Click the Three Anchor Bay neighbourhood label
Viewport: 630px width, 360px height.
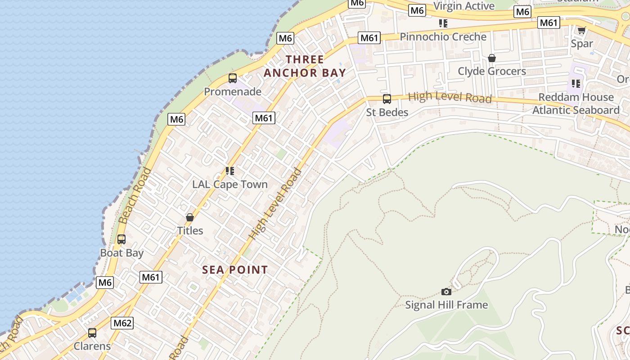tap(305, 66)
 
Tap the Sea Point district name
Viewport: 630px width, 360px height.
tap(234, 270)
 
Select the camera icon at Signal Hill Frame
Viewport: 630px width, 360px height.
tap(446, 292)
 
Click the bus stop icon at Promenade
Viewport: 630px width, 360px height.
tap(232, 78)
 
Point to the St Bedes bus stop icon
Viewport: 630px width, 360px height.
tap(387, 99)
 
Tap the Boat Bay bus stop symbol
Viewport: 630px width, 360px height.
tap(121, 239)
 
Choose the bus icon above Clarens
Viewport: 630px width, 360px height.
tap(92, 333)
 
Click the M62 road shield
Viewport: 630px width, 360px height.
tap(122, 323)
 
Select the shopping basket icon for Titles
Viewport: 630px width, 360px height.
tap(190, 217)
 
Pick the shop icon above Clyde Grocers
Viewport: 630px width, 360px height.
tap(491, 58)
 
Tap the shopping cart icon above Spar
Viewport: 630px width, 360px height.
tap(581, 31)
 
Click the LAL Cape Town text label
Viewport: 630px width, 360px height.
tap(229, 184)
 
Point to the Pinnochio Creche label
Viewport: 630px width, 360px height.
tap(443, 37)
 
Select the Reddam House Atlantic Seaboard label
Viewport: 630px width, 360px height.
tap(576, 104)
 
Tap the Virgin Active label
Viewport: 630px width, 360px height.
tap(463, 6)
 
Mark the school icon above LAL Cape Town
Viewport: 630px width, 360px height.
tap(230, 171)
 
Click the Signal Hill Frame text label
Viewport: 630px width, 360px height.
tap(446, 305)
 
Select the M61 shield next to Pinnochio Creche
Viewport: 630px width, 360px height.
tap(369, 38)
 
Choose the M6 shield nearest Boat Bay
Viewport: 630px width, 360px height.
tap(105, 283)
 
